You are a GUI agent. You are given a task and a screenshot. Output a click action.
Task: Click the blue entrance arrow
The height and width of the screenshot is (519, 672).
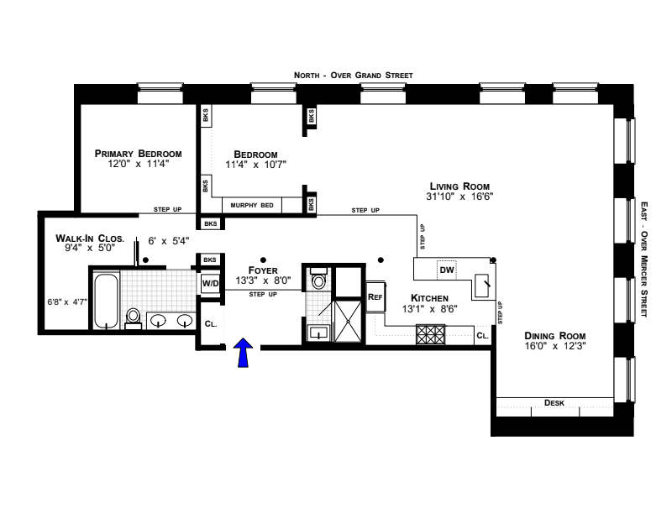pyautogui.click(x=243, y=352)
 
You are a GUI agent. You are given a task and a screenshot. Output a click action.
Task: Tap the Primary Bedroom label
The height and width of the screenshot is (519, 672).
pyautogui.click(x=138, y=154)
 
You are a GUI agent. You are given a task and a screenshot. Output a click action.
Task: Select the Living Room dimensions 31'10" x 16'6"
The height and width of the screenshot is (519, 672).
pyautogui.click(x=459, y=197)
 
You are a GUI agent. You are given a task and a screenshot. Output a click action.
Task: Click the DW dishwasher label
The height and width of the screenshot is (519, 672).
pyautogui.click(x=447, y=270)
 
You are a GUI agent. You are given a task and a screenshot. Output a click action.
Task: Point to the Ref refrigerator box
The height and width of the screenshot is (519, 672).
pyautogui.click(x=375, y=296)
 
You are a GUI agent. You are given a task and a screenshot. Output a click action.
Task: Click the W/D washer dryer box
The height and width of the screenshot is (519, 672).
pyautogui.click(x=210, y=283)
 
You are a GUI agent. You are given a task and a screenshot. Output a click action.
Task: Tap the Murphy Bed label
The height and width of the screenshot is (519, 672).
pyautogui.click(x=252, y=205)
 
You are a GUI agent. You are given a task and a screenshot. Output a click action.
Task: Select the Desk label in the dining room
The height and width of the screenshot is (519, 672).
pyautogui.click(x=554, y=403)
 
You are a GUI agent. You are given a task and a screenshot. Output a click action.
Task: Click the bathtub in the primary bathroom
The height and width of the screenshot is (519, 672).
pyautogui.click(x=106, y=301)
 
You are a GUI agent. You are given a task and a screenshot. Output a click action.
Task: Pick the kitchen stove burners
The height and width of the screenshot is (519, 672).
pyautogui.click(x=430, y=334)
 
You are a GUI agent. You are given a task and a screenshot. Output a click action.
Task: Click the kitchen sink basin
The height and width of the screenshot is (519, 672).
pyautogui.click(x=481, y=286)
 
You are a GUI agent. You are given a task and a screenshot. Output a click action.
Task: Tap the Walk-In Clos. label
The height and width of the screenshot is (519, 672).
pyautogui.click(x=90, y=239)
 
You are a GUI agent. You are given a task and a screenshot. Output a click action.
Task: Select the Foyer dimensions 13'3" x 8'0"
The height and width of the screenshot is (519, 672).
pyautogui.click(x=263, y=280)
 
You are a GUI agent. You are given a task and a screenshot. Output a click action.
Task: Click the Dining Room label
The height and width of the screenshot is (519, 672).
pyautogui.click(x=555, y=336)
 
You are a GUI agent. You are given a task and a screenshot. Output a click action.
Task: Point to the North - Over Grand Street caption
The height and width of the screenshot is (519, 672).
pyautogui.click(x=354, y=76)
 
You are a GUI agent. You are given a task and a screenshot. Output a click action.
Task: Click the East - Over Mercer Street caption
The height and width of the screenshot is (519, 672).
pyautogui.click(x=644, y=259)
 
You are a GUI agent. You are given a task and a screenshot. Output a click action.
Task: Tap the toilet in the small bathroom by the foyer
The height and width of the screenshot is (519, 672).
pyautogui.click(x=318, y=279)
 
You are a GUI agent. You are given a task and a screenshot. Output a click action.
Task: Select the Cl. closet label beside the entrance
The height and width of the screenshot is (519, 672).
pyautogui.click(x=211, y=324)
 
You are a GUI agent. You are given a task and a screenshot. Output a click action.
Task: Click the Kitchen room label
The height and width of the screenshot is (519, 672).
pyautogui.click(x=429, y=298)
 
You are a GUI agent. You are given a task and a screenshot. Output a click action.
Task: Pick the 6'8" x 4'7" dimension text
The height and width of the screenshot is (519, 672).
pyautogui.click(x=67, y=301)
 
